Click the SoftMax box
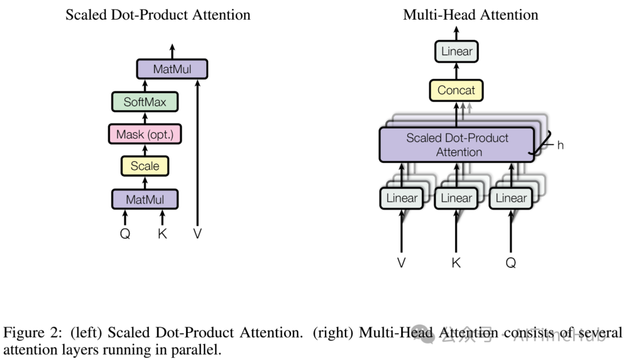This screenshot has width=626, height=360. click(144, 102)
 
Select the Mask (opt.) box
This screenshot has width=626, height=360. click(144, 134)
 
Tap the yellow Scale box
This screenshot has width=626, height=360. click(144, 166)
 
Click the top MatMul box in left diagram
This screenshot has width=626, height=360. click(172, 70)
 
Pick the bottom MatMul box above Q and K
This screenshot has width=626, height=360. click(144, 199)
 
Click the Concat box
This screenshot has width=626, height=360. click(456, 90)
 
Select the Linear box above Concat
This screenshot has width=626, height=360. click(457, 52)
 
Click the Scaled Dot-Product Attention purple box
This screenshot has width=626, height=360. click(456, 145)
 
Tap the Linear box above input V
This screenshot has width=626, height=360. click(402, 198)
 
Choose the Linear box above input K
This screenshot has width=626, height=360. click(456, 198)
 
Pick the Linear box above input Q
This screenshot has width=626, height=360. click(511, 198)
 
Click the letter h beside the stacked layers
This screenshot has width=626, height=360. click(560, 146)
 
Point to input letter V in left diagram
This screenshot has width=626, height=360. click(198, 234)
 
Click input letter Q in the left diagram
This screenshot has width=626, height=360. click(125, 234)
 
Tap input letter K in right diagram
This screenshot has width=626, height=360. click(456, 263)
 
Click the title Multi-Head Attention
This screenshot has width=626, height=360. click(470, 14)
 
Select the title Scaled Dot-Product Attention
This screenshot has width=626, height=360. click(158, 14)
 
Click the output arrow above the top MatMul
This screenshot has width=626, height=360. click(172, 50)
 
